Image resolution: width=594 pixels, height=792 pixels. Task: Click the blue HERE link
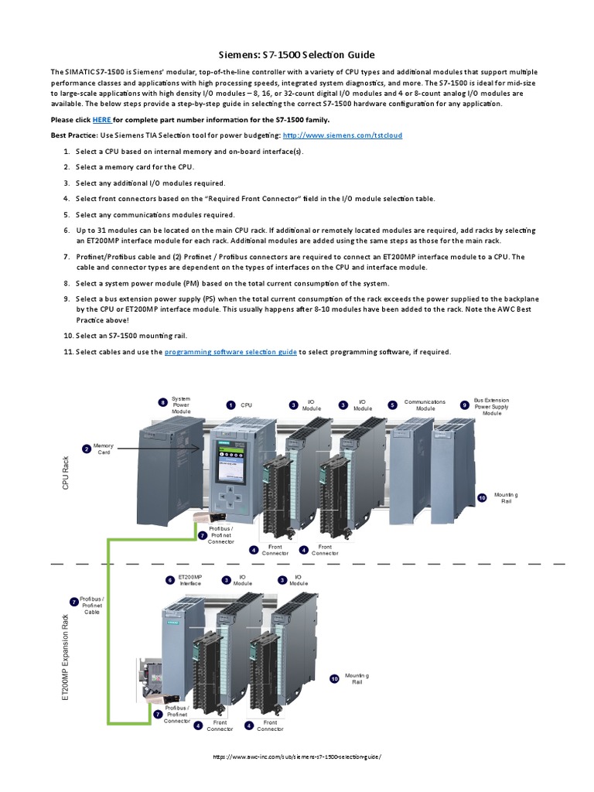click(x=102, y=120)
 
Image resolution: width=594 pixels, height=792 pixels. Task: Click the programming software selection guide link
click(x=230, y=352)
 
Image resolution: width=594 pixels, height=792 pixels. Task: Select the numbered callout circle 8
click(x=163, y=402)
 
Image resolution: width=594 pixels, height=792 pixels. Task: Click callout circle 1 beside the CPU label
click(x=230, y=405)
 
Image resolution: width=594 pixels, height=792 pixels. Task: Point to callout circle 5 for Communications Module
click(x=392, y=405)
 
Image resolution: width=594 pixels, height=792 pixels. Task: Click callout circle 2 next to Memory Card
click(x=86, y=449)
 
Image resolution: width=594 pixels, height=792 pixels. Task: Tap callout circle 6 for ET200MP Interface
click(x=170, y=579)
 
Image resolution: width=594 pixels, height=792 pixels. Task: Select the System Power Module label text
click(x=181, y=405)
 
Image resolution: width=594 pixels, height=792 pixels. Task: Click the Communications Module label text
click(x=425, y=405)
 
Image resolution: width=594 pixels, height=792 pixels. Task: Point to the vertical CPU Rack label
click(x=66, y=473)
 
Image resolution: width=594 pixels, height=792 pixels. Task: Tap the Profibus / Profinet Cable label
click(x=92, y=605)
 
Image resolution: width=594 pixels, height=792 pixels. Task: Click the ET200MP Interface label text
click(x=190, y=580)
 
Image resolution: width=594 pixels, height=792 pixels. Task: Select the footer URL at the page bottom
click(x=297, y=757)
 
